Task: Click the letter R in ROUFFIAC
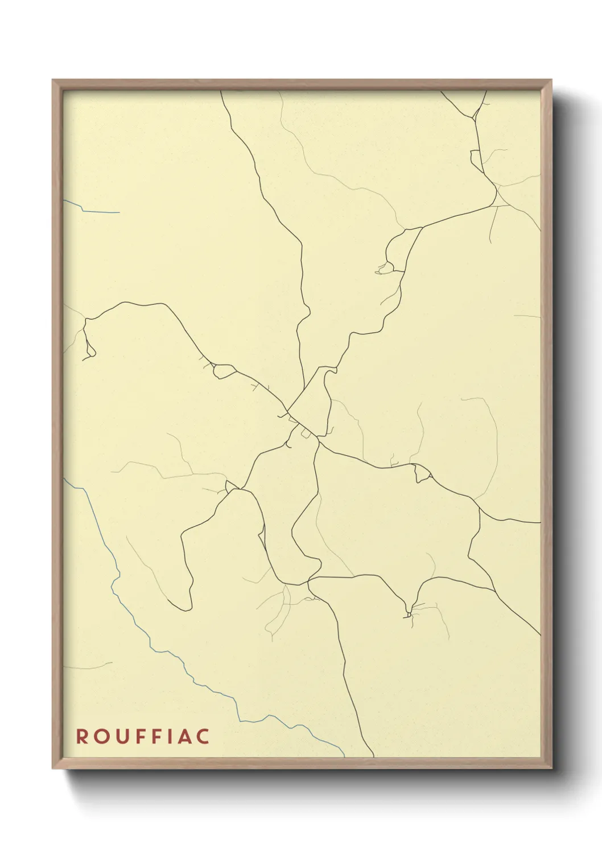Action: coord(82,736)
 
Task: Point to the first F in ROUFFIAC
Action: coord(138,736)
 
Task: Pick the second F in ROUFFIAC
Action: coord(155,736)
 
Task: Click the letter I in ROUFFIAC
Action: coord(168,736)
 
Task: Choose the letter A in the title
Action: coord(183,736)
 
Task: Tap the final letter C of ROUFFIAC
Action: coord(202,736)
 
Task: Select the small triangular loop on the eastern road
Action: coord(422,473)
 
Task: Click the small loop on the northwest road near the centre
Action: coord(222,371)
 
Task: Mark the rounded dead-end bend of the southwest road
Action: coord(186,607)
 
